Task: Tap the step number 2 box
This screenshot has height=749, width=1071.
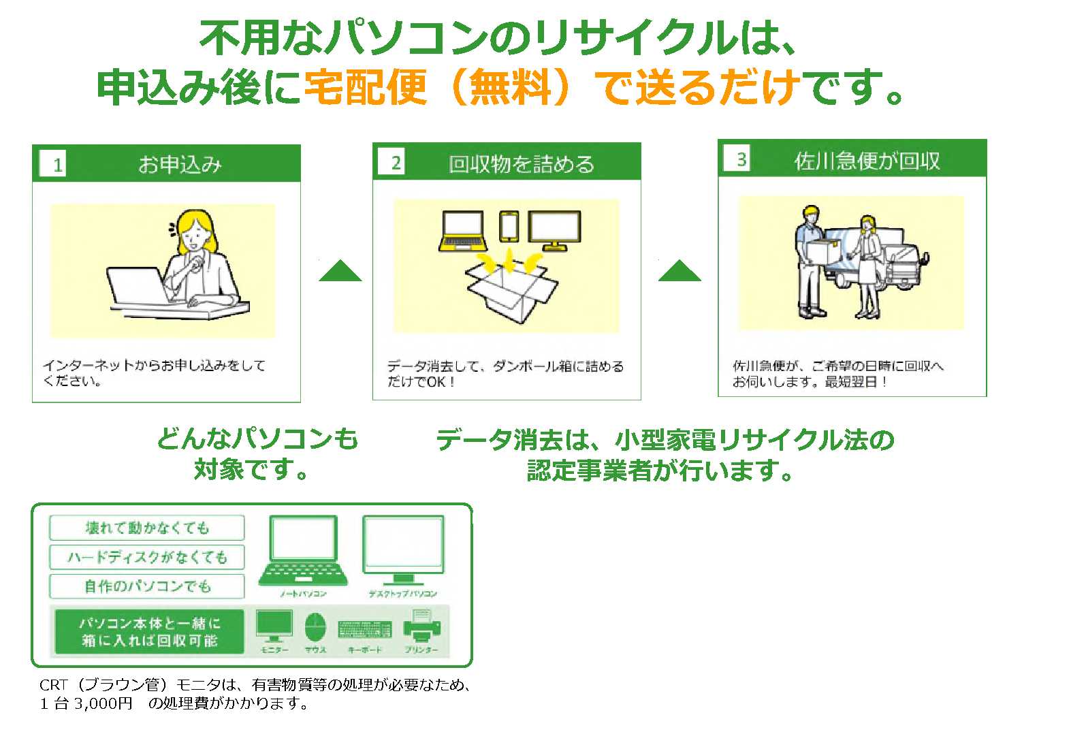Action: [x=396, y=163]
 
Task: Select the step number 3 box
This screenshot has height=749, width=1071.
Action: [x=741, y=159]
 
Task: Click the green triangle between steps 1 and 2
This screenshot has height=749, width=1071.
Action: [x=340, y=272]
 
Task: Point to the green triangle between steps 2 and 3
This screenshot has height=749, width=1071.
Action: [x=680, y=272]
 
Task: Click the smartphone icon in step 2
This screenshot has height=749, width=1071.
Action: [x=509, y=226]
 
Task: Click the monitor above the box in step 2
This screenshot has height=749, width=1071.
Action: [x=554, y=230]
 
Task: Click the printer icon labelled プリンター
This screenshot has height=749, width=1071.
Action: [x=422, y=626]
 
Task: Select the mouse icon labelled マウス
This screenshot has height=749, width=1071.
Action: [x=315, y=627]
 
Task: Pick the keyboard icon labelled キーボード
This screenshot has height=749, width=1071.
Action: [x=364, y=628]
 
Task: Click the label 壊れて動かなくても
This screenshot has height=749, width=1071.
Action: [x=147, y=528]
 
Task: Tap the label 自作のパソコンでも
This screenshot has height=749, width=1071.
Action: [x=147, y=586]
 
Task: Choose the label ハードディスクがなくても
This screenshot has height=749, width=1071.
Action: [x=147, y=557]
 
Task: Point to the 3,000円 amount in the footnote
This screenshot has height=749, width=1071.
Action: [x=103, y=704]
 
